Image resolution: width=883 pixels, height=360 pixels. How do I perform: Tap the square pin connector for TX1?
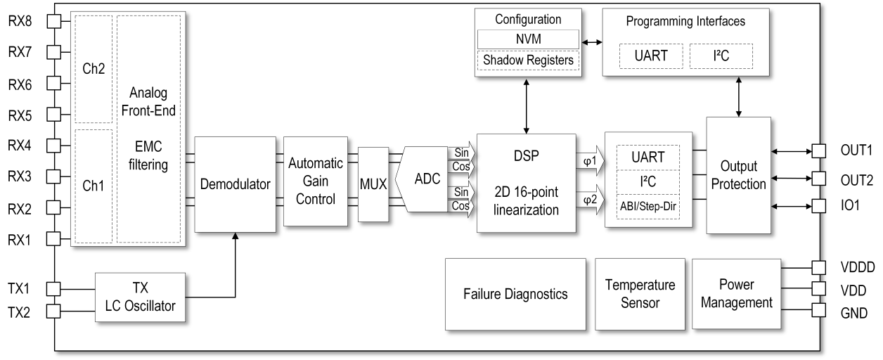click(53, 288)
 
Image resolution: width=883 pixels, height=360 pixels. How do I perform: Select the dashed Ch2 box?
click(93, 68)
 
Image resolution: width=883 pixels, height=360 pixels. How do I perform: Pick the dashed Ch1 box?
click(93, 186)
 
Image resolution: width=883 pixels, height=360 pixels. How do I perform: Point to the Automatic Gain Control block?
click(316, 181)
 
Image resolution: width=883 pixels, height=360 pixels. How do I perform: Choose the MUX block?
click(373, 184)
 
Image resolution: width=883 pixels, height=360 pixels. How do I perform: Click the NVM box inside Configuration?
click(528, 39)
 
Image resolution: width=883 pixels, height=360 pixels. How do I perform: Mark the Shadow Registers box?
click(528, 60)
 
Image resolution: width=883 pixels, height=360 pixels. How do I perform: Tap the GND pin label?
click(853, 313)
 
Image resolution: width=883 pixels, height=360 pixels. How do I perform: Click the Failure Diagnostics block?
click(515, 293)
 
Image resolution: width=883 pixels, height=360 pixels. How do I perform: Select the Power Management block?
click(736, 293)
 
